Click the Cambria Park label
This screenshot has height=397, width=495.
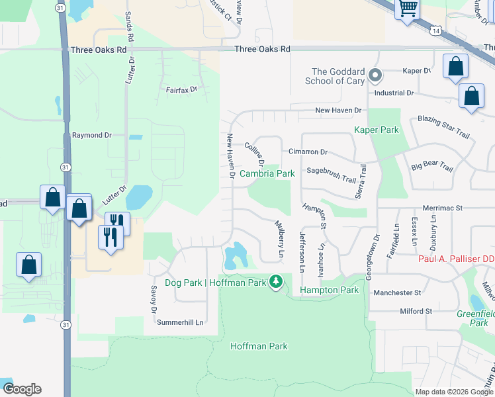[x=267, y=173]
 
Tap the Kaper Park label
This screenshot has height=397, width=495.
[x=377, y=130]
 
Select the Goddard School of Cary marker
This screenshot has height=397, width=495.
[x=374, y=75]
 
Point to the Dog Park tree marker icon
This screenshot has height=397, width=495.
[x=276, y=283]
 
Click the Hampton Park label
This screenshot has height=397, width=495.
[x=329, y=290]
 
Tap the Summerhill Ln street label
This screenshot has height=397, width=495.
[x=179, y=322]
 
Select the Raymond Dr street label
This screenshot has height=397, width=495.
[x=92, y=135]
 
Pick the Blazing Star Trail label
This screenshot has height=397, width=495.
[x=443, y=126]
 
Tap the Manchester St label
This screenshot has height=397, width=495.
[x=397, y=292]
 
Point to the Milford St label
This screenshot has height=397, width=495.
[x=416, y=311]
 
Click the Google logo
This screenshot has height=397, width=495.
[x=22, y=389]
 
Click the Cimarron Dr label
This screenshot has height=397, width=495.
[x=308, y=152]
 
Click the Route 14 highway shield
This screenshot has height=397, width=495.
[x=435, y=31]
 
